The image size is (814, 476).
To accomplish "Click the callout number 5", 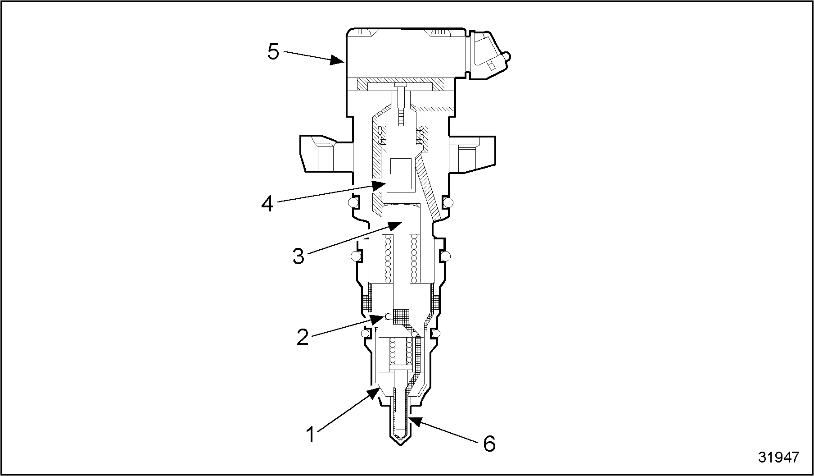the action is pyautogui.click(x=273, y=52).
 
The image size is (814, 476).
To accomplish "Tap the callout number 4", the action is pyautogui.click(x=267, y=204).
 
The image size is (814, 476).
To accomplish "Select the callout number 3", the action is pyautogui.click(x=298, y=256).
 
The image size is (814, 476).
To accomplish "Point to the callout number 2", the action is pyautogui.click(x=303, y=337).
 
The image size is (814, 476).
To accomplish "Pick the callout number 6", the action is pyautogui.click(x=489, y=444).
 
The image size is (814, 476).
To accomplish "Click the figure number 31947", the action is pyautogui.click(x=778, y=457).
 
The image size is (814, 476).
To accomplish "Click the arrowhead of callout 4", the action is pyautogui.click(x=379, y=185).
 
